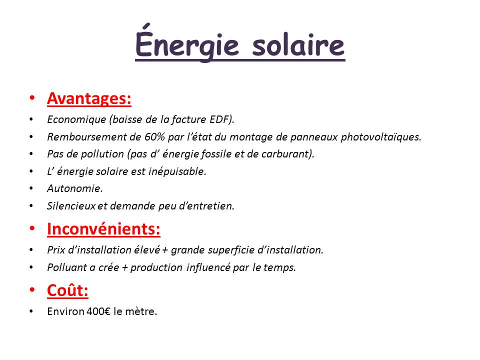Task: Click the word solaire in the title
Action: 298,45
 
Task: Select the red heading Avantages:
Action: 89,98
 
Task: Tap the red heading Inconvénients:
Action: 103,229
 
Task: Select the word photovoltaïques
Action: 381,136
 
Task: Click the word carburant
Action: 287,153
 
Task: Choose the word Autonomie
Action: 74,188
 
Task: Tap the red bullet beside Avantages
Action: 32,98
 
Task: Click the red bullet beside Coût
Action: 32,290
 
